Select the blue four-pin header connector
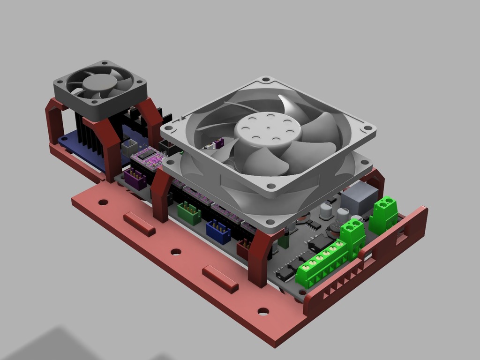click(x=218, y=232)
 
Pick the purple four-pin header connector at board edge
click(x=135, y=179)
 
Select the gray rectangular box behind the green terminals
click(x=359, y=197)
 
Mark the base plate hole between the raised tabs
click(x=176, y=252)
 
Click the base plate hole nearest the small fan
click(x=103, y=202)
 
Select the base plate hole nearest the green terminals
click(x=263, y=311)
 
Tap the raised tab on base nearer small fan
click(x=139, y=224)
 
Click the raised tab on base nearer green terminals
click(x=220, y=278)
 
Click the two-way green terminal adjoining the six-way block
click(x=352, y=235)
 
